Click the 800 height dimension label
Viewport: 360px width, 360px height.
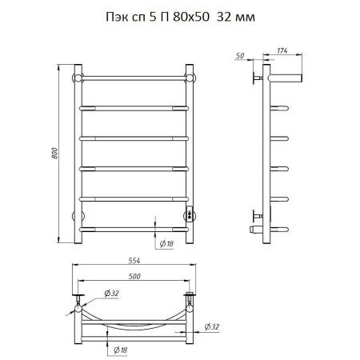tap(54, 153)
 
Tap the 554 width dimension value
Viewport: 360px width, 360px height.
tap(134, 261)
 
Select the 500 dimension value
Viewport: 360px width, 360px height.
tap(134, 276)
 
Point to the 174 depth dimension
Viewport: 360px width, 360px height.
tap(282, 50)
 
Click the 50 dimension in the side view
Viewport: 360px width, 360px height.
tap(240, 55)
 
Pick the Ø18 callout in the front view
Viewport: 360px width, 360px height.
tap(166, 243)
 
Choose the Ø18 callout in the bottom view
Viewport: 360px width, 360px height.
tap(121, 350)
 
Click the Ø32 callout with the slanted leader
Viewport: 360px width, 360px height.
tap(112, 294)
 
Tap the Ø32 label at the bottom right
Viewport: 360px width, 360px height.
tap(212, 326)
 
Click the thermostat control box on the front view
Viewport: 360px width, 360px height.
tap(190, 214)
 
